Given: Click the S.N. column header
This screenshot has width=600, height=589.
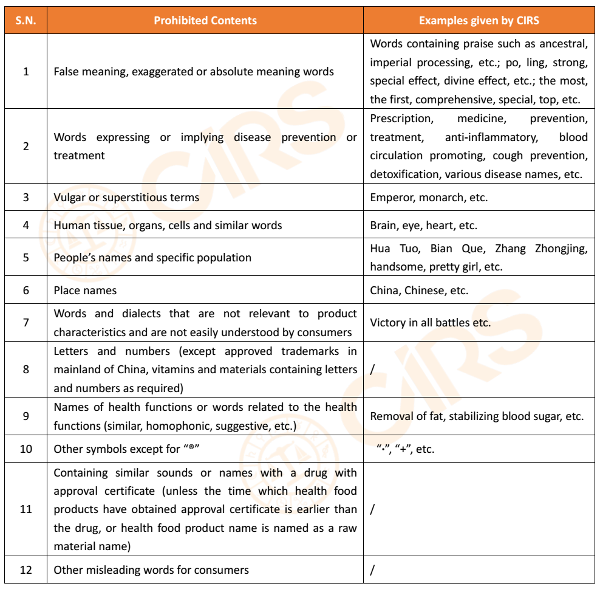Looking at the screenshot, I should click(26, 21).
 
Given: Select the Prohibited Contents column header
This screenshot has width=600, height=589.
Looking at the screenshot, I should click(205, 21).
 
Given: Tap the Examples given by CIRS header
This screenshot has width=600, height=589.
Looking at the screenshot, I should click(479, 21).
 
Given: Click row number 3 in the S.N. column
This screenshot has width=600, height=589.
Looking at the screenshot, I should click(26, 198).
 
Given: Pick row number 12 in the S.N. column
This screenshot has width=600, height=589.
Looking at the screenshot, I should click(26, 570).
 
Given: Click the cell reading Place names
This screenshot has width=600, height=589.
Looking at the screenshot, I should click(85, 291).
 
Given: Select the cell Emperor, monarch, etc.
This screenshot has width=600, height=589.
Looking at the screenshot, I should click(429, 198).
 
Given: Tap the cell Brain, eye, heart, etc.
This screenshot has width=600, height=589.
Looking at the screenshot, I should click(423, 226).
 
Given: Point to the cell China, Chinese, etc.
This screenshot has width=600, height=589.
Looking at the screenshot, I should click(419, 291).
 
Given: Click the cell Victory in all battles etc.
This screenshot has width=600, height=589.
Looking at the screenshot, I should click(430, 323).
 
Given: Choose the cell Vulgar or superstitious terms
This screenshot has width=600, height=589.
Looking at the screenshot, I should click(126, 198).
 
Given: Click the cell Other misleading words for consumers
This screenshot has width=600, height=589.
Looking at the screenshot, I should click(151, 570).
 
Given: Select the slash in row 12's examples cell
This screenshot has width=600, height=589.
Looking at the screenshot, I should click(372, 570).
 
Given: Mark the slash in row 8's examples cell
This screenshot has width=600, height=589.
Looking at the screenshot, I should click(372, 370).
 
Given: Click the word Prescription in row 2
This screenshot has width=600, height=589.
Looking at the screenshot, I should click(401, 119).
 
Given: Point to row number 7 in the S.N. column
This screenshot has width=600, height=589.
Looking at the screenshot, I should click(26, 323).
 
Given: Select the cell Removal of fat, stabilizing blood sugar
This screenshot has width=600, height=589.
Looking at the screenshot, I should click(477, 416).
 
